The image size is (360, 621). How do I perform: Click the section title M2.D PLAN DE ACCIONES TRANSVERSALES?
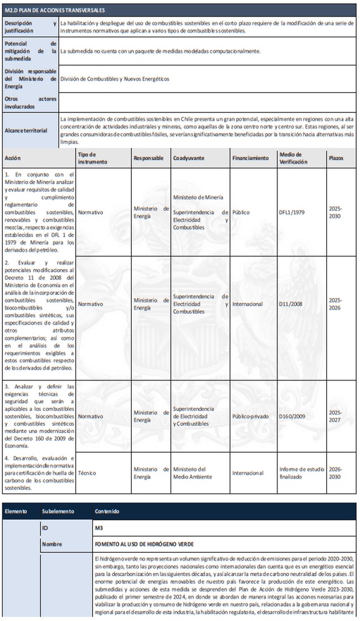[54, 10]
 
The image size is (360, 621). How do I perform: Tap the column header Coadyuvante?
[188, 158]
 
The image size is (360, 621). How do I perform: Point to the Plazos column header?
[336, 158]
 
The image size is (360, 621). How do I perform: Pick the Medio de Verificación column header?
[292, 158]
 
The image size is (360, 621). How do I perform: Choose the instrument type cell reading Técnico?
[87, 473]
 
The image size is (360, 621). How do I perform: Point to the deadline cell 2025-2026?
[336, 304]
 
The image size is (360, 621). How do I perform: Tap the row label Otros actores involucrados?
[30, 102]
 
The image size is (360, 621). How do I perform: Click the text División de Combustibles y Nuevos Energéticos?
[115, 79]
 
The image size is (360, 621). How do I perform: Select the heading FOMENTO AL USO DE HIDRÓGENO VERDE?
[145, 545]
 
